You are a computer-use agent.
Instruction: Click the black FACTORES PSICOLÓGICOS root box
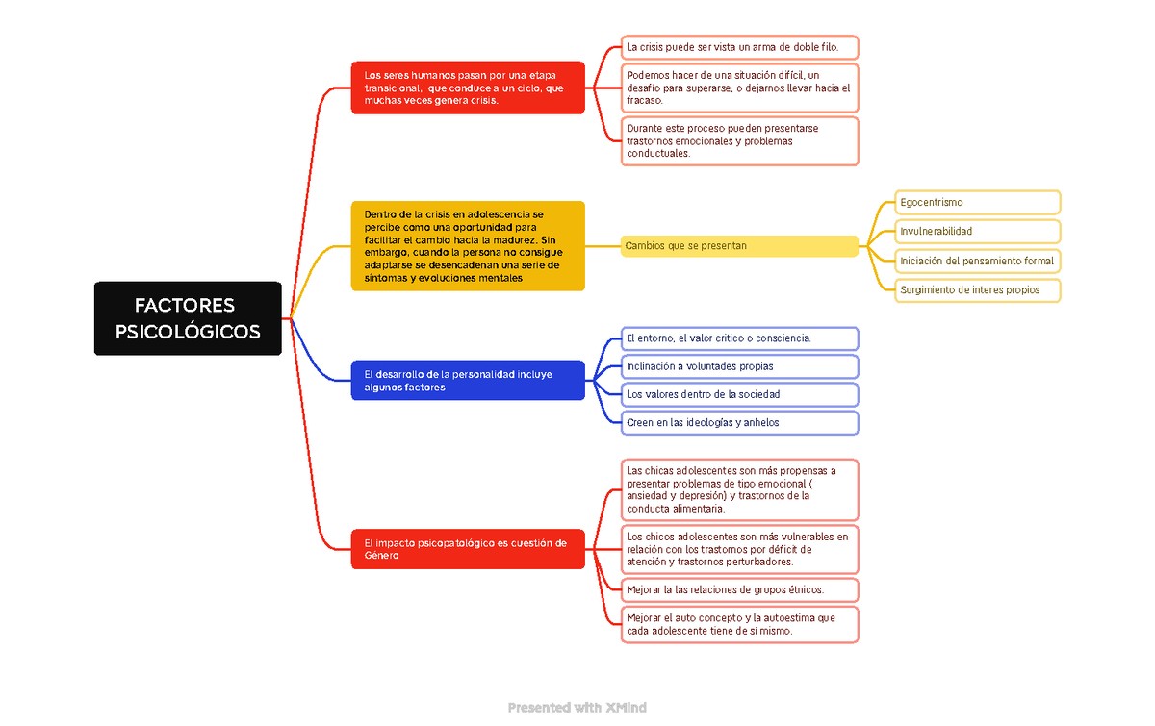188,318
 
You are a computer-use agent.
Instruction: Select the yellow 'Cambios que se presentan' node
739,246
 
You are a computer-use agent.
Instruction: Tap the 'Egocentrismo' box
977,202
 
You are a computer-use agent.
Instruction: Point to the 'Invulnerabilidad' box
977,232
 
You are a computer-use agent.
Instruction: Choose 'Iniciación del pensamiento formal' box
977,261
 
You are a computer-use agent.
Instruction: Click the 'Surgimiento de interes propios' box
977,290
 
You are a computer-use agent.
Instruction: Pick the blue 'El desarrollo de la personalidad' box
468,380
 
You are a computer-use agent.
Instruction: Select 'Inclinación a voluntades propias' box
739,366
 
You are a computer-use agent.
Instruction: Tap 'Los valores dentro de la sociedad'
739,394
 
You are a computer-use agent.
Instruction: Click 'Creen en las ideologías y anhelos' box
739,422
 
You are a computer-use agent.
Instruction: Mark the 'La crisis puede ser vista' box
739,47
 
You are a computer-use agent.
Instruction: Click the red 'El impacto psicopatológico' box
468,549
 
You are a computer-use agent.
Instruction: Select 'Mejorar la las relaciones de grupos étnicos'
739,590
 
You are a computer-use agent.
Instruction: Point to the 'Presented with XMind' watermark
577,708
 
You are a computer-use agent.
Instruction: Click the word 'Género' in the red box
381,556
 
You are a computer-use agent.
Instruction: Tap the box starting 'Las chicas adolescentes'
739,489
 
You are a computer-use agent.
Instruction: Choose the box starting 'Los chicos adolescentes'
739,549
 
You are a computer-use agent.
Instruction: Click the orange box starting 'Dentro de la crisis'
468,246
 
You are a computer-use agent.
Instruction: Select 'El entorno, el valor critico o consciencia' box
739,338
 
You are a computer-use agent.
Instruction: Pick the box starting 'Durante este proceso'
739,140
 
